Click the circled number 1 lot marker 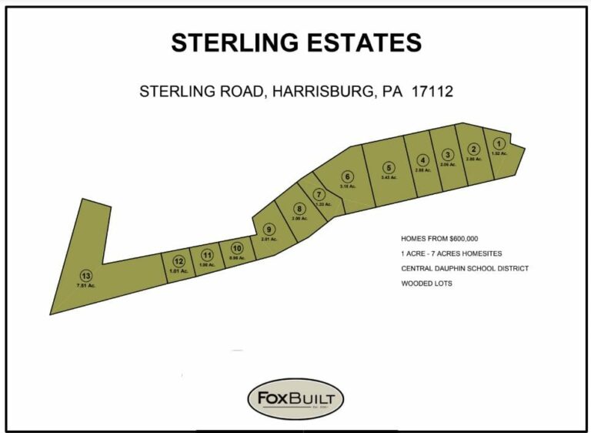click(499, 143)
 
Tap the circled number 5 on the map click(389, 167)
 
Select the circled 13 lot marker click(85, 276)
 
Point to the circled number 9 click(269, 229)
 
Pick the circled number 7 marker click(319, 194)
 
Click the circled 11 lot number click(206, 255)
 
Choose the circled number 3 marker click(448, 154)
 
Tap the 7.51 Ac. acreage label click(85, 286)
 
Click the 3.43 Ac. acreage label click(389, 177)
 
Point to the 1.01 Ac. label click(179, 270)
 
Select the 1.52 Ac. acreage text click(499, 153)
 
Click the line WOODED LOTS click(427, 284)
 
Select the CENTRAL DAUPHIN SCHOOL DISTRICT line click(464, 269)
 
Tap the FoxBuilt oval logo click(295, 400)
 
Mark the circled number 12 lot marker click(179, 260)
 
